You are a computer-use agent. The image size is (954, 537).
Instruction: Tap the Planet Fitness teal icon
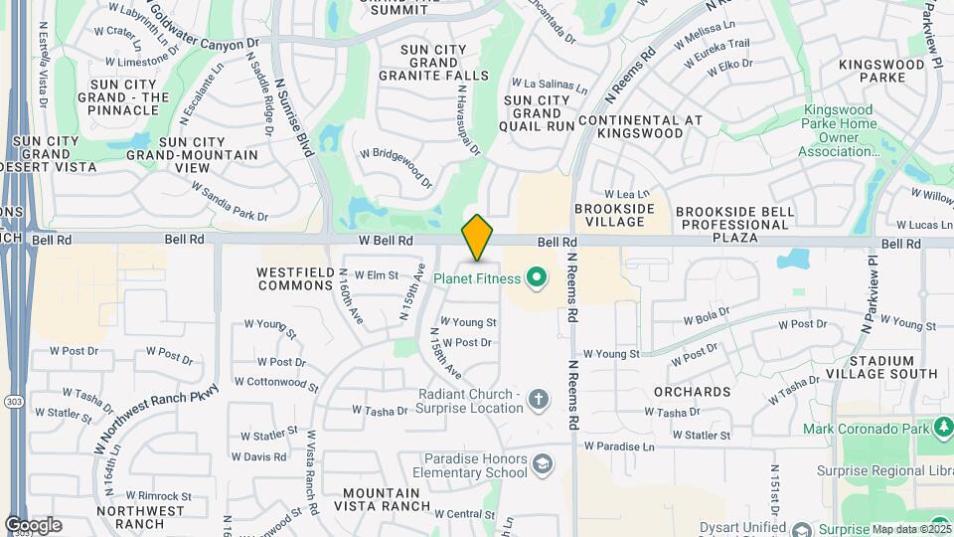(538, 276)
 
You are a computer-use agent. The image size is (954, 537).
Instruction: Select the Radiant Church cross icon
(538, 400)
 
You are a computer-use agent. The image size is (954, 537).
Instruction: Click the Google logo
(33, 525)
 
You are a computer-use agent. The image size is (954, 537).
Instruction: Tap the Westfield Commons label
(293, 278)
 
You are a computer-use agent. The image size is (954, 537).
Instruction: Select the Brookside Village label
(614, 217)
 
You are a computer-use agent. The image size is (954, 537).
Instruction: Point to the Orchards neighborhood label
(693, 392)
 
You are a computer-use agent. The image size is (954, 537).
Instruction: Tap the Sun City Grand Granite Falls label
(444, 62)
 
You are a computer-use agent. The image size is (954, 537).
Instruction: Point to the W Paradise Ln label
(619, 447)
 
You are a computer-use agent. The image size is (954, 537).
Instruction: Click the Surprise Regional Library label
(884, 470)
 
